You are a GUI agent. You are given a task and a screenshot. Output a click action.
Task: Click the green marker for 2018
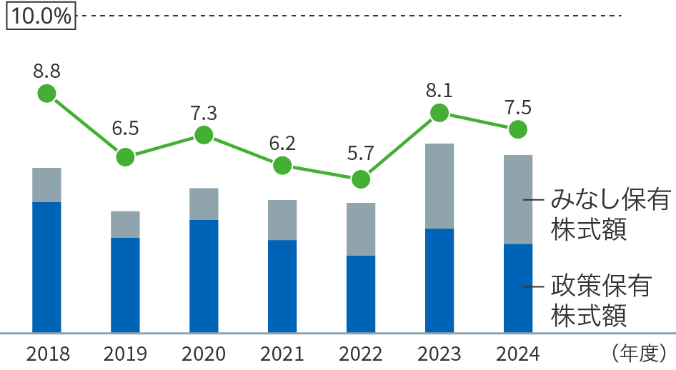point(46,94)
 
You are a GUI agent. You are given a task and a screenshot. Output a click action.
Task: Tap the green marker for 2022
point(361,179)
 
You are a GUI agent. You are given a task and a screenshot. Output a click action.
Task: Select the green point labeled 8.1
point(439,113)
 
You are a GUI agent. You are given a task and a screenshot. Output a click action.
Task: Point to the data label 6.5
point(125,129)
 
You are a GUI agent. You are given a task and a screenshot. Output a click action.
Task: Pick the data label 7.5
point(518,108)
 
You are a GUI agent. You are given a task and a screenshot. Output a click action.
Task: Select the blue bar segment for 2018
point(46,267)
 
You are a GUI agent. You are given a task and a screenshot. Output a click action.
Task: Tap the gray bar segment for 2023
point(439,186)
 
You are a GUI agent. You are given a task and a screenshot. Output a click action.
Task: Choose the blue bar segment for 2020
point(204,276)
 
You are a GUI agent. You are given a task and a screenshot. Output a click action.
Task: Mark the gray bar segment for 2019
point(125,224)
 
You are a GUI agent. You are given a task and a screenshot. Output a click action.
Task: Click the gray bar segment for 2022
point(361,229)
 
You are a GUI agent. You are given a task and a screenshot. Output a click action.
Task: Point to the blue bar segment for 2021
point(282,286)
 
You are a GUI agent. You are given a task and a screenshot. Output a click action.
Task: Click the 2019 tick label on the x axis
point(125,354)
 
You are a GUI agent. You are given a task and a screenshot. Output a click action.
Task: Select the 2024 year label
point(518,354)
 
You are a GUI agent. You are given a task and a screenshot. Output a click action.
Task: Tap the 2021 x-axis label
point(282,354)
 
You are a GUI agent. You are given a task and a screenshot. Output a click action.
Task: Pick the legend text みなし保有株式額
point(599,214)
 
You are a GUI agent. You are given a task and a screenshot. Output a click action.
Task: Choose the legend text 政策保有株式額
point(599,300)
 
